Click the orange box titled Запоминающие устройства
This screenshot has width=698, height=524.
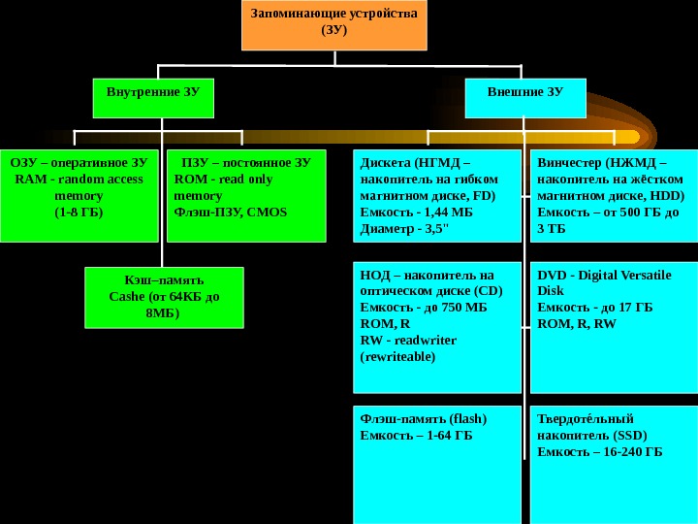[x=333, y=25]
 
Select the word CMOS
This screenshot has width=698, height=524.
[x=267, y=211]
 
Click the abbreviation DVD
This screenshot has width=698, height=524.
[x=552, y=275]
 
